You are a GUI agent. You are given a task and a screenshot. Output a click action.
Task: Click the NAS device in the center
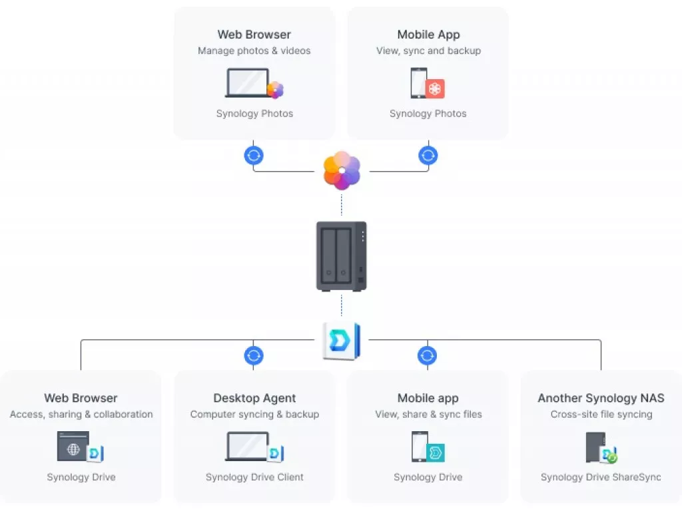point(342,256)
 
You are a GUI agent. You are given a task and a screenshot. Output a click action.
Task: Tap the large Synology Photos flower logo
point(342,170)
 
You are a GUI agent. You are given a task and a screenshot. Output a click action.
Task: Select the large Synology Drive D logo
point(342,341)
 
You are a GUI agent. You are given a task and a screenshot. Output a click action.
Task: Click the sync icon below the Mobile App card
point(428,155)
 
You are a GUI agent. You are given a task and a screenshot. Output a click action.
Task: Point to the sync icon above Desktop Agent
point(254,355)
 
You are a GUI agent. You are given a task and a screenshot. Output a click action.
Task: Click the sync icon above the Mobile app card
point(427,355)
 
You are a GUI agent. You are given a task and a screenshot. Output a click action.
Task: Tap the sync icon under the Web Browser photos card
point(254,155)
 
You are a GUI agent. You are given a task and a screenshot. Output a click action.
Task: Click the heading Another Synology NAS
point(601,398)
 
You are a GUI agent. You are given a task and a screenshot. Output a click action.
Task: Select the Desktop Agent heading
point(254,398)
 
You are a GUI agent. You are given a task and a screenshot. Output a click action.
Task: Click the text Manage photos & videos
point(254,51)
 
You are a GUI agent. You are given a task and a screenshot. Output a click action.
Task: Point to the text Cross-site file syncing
point(601,414)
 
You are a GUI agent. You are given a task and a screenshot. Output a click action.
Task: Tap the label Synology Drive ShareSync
point(601,477)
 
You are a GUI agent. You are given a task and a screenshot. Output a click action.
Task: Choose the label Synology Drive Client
point(254,477)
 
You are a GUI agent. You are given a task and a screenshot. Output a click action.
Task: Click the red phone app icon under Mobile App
point(435,89)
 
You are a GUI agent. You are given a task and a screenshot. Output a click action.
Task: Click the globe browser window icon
point(73,446)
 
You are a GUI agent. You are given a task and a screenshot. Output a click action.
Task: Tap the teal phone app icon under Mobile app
point(436,452)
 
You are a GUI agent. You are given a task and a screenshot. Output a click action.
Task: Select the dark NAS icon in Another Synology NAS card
point(596,448)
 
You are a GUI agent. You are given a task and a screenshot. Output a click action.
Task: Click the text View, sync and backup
point(428,51)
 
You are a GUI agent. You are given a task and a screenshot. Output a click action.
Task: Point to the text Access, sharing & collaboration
point(81,414)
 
